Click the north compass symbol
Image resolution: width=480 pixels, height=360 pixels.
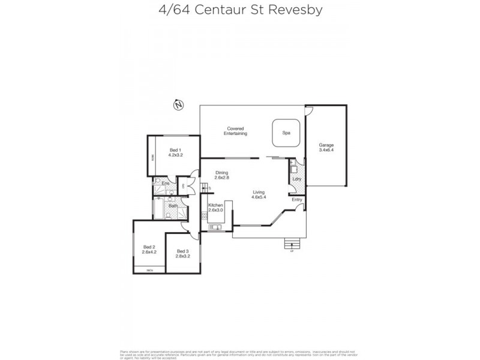click(x=178, y=106)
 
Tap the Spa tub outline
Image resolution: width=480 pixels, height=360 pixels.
click(x=286, y=133)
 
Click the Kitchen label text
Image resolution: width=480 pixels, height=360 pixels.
click(x=215, y=208)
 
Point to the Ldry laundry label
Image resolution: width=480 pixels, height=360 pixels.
click(x=296, y=179)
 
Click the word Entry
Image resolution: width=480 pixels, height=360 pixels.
click(x=296, y=200)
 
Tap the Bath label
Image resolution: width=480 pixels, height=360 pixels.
click(x=172, y=206)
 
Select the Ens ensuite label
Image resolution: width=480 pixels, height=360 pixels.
click(x=165, y=183)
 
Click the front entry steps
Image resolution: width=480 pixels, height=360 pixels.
click(x=291, y=244)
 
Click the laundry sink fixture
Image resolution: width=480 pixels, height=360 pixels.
click(x=293, y=169)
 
